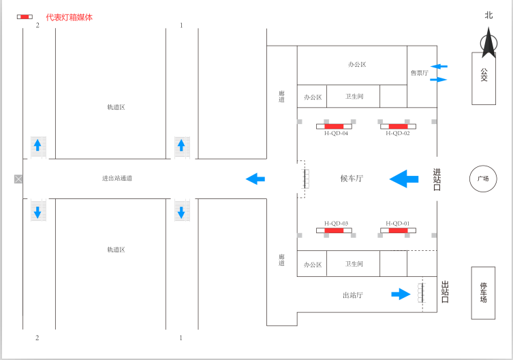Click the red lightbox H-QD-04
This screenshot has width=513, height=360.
click(334, 126)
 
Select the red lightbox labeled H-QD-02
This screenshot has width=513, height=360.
click(398, 126)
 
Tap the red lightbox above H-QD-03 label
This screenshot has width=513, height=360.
click(334, 230)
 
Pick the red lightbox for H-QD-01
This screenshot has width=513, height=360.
click(398, 230)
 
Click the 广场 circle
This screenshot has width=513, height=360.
click(483, 179)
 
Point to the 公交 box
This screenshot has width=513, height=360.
click(484, 78)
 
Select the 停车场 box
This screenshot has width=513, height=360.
click(484, 292)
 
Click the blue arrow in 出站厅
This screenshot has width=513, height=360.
click(400, 294)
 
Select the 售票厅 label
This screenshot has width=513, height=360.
click(419, 73)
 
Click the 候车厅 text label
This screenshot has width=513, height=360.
click(352, 179)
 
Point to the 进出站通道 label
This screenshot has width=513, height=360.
click(117, 179)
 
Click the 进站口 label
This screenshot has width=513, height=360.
click(437, 179)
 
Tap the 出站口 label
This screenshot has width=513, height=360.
click(445, 292)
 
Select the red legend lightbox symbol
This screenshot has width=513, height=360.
click(25, 16)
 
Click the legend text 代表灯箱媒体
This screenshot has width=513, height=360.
click(69, 17)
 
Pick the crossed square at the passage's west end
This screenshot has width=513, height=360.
click(18, 179)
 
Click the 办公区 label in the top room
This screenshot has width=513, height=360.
click(357, 65)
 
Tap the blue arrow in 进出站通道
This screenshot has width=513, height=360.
click(255, 179)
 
